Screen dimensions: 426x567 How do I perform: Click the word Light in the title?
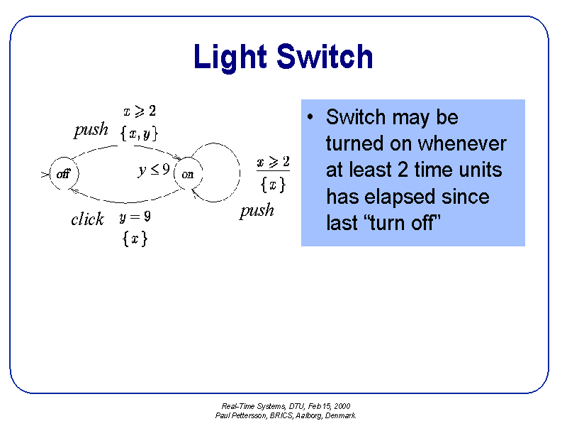(x=230, y=57)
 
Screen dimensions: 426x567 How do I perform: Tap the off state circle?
(x=63, y=174)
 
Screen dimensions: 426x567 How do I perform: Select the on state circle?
(x=188, y=174)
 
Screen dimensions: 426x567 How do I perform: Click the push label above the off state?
(x=91, y=130)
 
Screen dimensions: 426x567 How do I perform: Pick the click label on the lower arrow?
(x=87, y=219)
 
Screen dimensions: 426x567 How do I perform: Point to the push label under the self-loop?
(x=257, y=211)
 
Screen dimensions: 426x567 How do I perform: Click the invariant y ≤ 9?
(x=153, y=170)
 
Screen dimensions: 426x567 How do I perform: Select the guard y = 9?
(x=135, y=217)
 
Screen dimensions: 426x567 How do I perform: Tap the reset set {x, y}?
(x=139, y=133)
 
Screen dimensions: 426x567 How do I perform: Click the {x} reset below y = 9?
(x=135, y=239)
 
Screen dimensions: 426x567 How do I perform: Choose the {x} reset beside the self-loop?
(x=273, y=185)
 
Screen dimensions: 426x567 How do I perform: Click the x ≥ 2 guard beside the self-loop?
(x=273, y=163)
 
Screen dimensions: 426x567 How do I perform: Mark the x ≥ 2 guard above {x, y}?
(x=139, y=111)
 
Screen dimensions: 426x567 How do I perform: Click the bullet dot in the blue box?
(x=311, y=117)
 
